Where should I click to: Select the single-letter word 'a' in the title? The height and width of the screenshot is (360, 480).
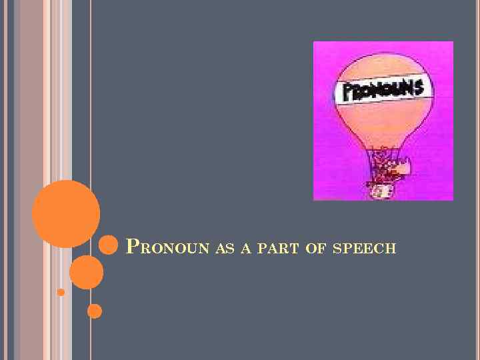point(245,249)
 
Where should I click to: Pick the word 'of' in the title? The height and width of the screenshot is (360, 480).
point(314,249)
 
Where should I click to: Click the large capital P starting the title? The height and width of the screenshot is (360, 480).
point(132,247)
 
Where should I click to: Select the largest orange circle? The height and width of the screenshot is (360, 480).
point(66,213)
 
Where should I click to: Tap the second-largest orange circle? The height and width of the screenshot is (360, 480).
point(86,272)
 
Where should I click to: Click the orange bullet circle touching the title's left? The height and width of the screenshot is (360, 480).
point(108,245)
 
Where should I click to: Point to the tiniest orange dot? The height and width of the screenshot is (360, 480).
point(61,292)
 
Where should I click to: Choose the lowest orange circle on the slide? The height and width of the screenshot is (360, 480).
point(95,311)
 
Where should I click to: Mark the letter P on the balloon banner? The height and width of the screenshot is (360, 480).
point(347,94)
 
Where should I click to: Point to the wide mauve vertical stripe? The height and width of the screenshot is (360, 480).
point(31,180)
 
